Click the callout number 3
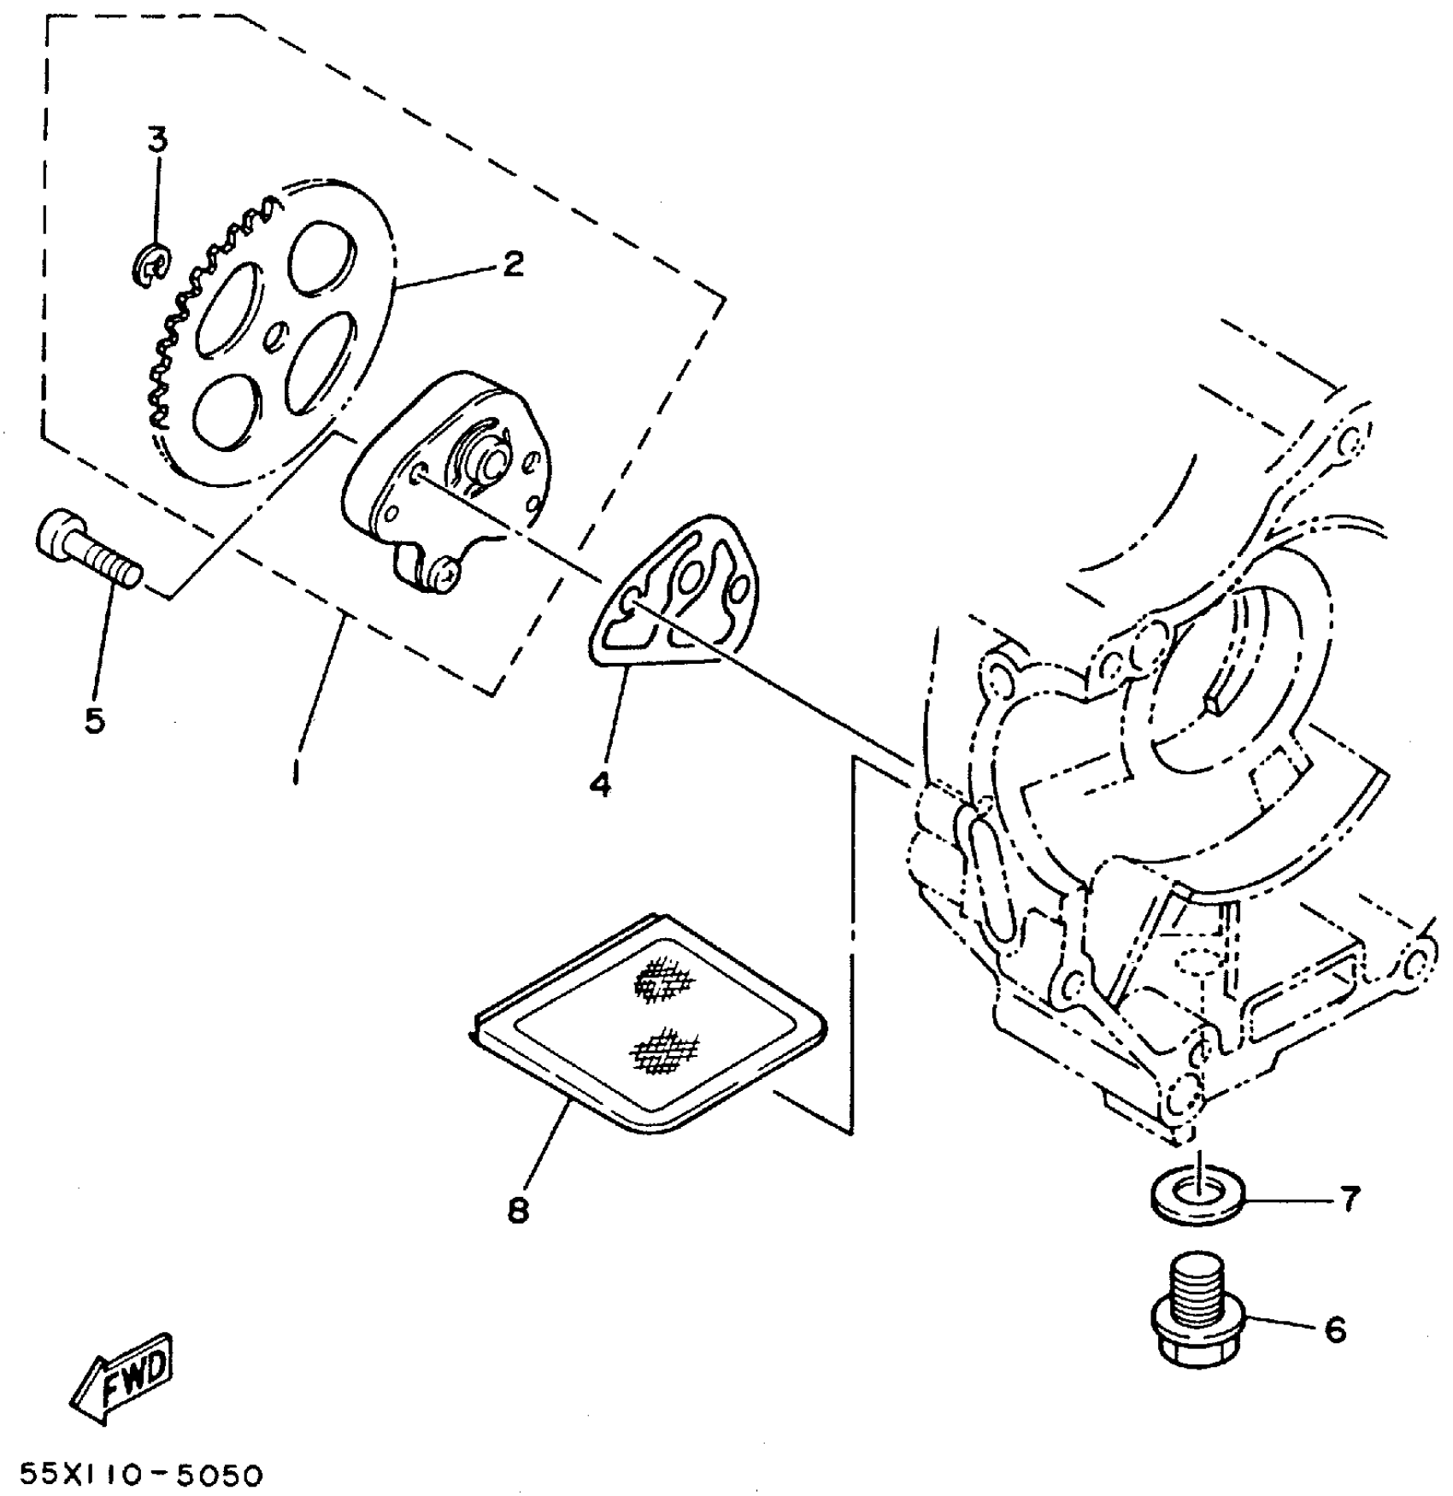pos(157,139)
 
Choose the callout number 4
pos(600,783)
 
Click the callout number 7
pos(1347,1199)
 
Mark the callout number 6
pos(1335,1329)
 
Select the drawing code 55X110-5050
pos(141,1475)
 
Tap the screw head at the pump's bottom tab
pos(445,573)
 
